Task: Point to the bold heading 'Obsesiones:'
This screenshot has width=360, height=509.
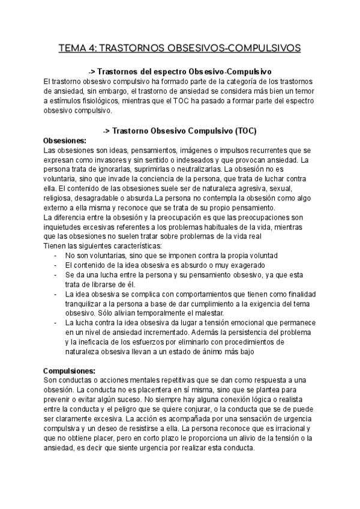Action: (65, 140)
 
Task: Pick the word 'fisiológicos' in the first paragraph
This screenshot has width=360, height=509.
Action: (111, 101)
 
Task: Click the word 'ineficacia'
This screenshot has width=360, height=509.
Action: (94, 342)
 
